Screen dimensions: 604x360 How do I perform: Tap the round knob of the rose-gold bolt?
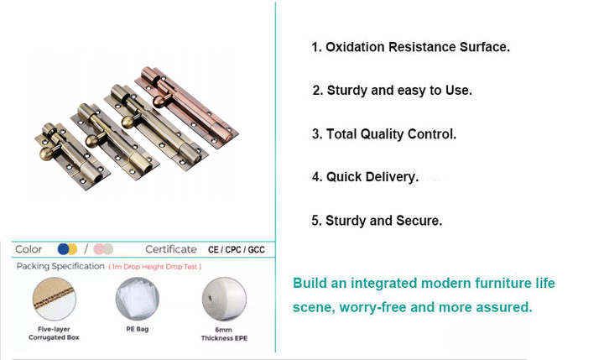tap(159, 101)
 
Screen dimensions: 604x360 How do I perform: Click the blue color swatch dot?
tap(64, 249)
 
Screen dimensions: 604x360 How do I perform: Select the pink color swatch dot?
tap(99, 249)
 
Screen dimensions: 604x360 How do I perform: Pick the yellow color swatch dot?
tap(73, 249)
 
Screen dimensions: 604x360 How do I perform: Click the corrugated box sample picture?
tap(55, 299)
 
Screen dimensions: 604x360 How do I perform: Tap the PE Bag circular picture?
tap(138, 299)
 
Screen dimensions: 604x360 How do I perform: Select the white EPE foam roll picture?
tap(224, 299)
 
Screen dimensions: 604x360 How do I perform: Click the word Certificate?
tap(171, 249)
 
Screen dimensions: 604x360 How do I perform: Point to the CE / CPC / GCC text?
tap(237, 250)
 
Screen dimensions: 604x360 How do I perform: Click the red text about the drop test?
tap(155, 267)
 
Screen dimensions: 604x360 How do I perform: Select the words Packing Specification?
tap(60, 266)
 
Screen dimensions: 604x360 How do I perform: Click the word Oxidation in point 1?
tap(355, 47)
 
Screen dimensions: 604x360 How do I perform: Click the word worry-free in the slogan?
tap(372, 308)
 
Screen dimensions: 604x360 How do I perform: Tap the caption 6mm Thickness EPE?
tap(224, 334)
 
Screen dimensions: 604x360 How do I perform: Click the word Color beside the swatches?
tap(29, 249)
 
